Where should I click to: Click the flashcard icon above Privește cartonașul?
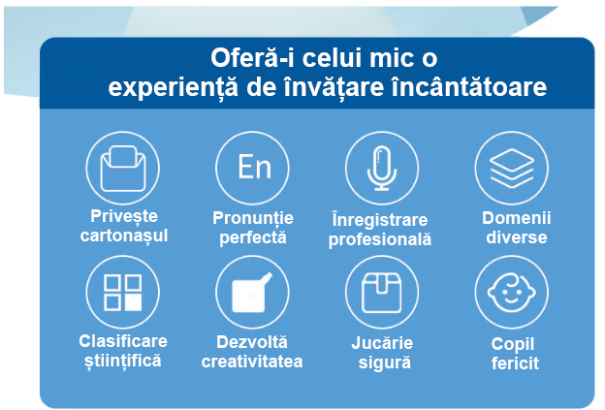click(x=123, y=168)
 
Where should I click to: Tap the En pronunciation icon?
click(x=253, y=168)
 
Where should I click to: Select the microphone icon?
click(x=382, y=168)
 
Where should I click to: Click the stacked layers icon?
click(x=512, y=168)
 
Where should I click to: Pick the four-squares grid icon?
click(x=123, y=293)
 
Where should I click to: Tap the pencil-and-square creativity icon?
click(x=253, y=293)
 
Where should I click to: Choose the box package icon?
click(x=382, y=293)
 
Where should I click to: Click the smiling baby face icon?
click(x=512, y=293)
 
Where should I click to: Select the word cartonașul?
click(x=124, y=237)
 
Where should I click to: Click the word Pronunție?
click(x=253, y=219)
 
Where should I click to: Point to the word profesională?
click(x=380, y=239)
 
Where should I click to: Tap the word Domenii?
click(x=516, y=218)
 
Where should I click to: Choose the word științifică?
click(x=123, y=361)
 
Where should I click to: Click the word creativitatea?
click(x=252, y=362)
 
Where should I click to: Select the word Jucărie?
click(x=382, y=343)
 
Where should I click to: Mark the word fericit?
click(x=515, y=363)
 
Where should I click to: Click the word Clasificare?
click(x=123, y=341)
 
